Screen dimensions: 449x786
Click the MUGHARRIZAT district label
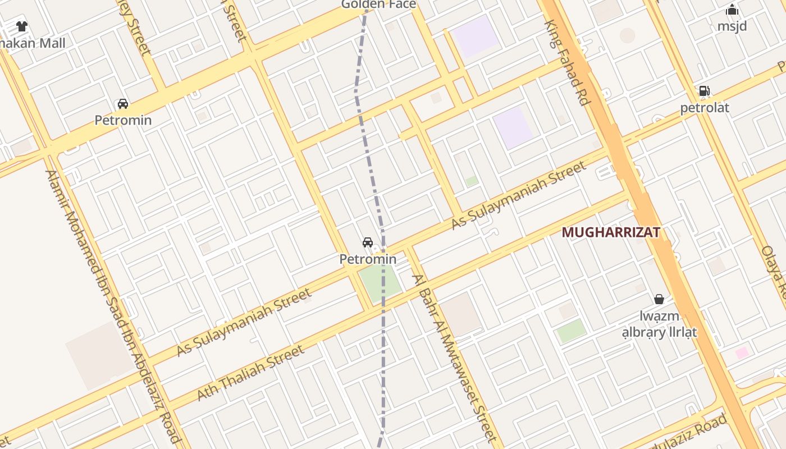pos(610,232)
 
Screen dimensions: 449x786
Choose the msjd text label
pos(732,26)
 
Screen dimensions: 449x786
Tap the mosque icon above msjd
pos(732,10)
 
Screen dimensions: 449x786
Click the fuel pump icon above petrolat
pos(704,91)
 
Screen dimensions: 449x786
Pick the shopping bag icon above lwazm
pos(659,299)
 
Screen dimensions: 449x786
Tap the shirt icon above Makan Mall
pos(22,26)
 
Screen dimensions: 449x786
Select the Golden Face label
pos(379,4)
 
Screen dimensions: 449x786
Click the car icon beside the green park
pos(368,242)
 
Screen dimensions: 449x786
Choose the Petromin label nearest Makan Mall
pos(122,120)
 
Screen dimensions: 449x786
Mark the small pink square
pos(742,353)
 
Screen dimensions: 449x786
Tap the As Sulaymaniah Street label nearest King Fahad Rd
pos(519,195)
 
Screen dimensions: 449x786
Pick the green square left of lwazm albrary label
pos(571,331)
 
